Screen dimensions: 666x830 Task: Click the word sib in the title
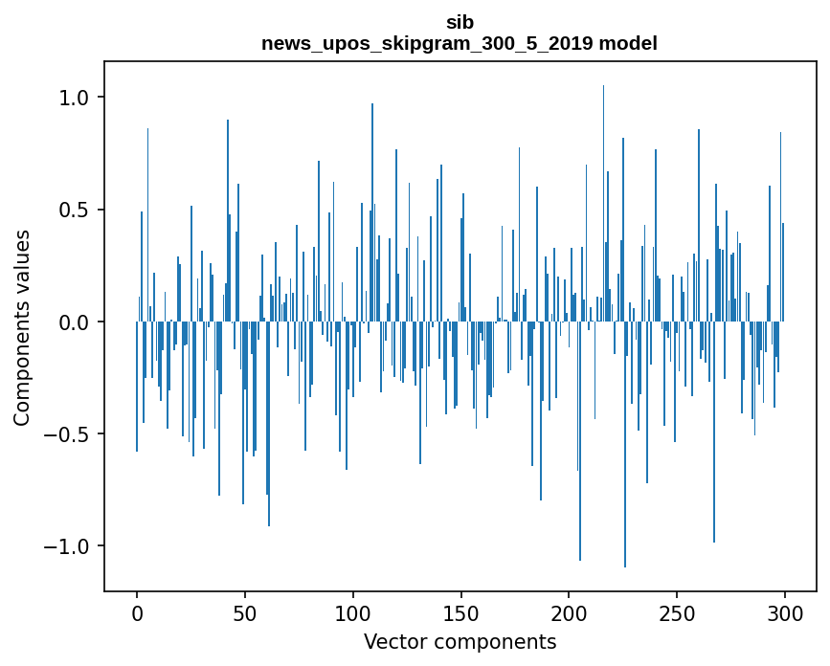coord(460,22)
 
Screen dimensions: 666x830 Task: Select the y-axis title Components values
coord(22,327)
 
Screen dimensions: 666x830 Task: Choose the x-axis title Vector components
coord(460,641)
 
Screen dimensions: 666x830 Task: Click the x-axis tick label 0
coord(137,612)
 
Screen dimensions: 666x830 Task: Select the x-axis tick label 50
coord(245,612)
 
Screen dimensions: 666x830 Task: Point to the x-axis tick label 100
coord(352,612)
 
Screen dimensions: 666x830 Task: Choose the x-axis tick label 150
coord(460,612)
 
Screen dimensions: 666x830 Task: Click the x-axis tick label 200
coord(569,612)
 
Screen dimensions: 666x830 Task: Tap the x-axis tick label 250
coord(677,612)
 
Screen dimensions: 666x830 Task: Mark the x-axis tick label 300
coord(784,612)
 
